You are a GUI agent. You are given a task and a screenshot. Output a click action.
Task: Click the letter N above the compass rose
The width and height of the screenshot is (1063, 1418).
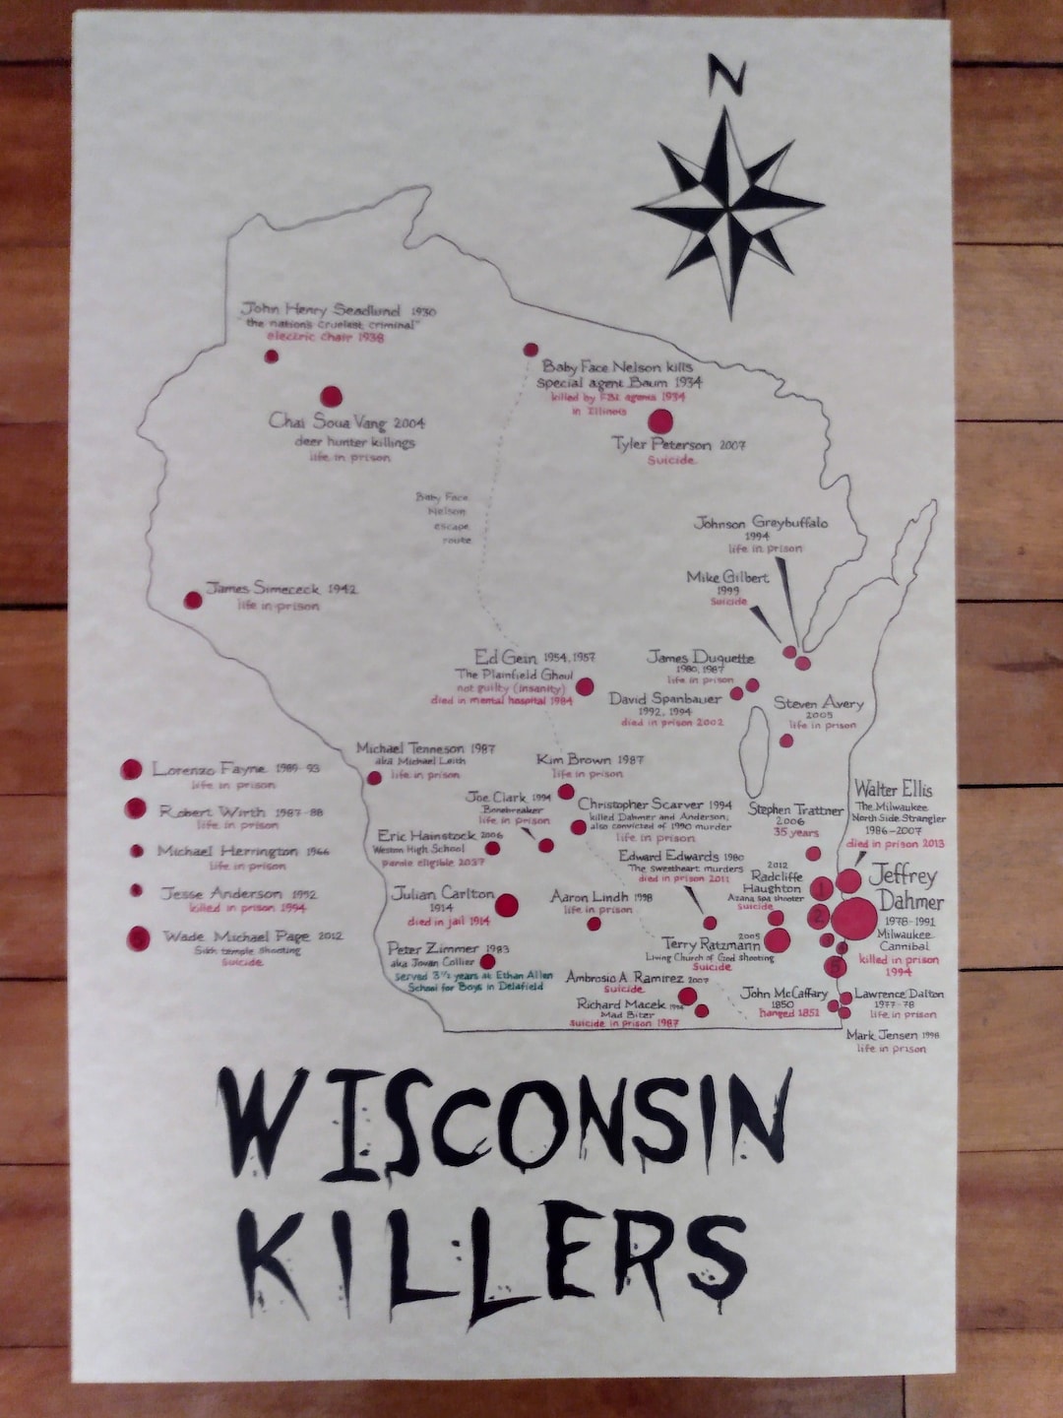pos(726,78)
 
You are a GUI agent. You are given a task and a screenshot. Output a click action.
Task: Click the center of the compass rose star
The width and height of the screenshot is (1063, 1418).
pos(728,208)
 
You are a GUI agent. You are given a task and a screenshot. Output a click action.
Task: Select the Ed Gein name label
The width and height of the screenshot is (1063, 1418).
pos(506,657)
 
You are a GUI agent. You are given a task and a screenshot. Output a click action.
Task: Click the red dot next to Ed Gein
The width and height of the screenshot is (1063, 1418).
pos(585,687)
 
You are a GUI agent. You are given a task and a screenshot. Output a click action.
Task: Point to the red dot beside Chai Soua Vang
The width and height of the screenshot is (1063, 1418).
pos(332,396)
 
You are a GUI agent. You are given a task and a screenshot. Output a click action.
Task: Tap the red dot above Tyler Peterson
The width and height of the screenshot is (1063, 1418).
pos(660,421)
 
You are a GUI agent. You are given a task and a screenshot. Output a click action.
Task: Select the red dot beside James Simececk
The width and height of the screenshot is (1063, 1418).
pos(193,600)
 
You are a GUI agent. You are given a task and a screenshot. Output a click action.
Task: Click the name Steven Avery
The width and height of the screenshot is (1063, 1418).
pos(818,703)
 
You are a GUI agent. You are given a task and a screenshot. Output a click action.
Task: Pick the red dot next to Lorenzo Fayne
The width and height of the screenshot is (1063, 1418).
pos(131,769)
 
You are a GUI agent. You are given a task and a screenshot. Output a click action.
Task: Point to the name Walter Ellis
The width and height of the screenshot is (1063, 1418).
pos(893,789)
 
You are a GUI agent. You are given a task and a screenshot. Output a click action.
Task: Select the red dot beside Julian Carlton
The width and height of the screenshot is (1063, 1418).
pos(507,905)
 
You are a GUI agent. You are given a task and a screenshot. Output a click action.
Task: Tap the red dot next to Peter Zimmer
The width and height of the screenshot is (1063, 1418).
pos(487,961)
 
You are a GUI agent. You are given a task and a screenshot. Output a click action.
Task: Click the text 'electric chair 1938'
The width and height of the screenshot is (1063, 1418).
pos(325,337)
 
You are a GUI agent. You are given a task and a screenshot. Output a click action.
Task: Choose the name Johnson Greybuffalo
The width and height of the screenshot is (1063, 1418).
pos(761,522)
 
